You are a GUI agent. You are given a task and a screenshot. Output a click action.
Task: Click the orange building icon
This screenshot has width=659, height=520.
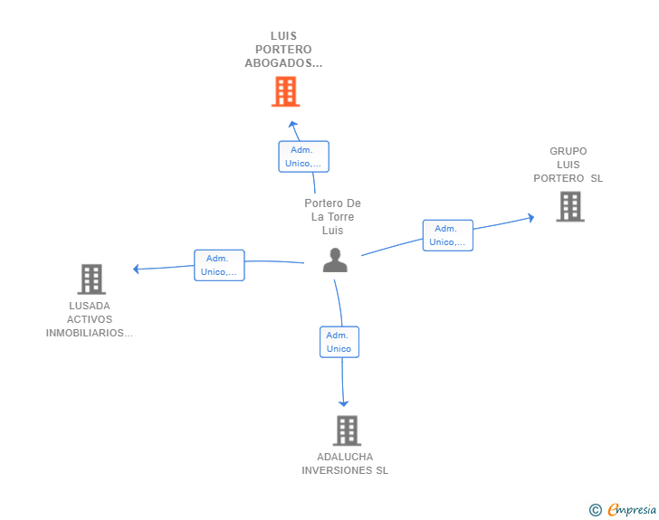pyautogui.click(x=285, y=91)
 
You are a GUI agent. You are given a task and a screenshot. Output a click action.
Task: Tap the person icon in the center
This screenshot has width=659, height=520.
pyautogui.click(x=335, y=260)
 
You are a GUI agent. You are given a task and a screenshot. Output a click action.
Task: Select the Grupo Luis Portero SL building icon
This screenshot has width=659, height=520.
pyautogui.click(x=569, y=206)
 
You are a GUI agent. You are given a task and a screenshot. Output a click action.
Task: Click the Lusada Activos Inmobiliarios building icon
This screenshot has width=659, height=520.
pyautogui.click(x=91, y=279)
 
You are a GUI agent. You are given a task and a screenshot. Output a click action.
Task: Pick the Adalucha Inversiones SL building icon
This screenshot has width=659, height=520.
pyautogui.click(x=347, y=430)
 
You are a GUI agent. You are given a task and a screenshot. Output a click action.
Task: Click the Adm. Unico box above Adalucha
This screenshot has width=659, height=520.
pyautogui.click(x=339, y=342)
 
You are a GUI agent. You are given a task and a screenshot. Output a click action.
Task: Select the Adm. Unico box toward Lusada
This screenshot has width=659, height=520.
pyautogui.click(x=219, y=265)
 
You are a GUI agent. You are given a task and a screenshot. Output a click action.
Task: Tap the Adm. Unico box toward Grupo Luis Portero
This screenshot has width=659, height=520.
pyautogui.click(x=447, y=235)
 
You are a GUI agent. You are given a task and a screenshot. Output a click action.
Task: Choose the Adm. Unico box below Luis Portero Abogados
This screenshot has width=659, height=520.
pyautogui.click(x=303, y=156)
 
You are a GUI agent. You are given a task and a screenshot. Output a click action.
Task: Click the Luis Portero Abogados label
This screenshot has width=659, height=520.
pyautogui.click(x=283, y=50)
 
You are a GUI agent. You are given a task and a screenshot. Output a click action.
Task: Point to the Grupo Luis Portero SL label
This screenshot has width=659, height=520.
pyautogui.click(x=568, y=165)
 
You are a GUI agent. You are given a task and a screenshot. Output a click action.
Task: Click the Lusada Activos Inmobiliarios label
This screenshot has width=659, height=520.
pyautogui.click(x=90, y=319)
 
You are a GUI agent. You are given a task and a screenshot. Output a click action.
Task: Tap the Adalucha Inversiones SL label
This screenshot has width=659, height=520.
pyautogui.click(x=345, y=464)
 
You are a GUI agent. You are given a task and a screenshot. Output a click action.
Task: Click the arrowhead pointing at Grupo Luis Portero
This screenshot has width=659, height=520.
pyautogui.click(x=530, y=217)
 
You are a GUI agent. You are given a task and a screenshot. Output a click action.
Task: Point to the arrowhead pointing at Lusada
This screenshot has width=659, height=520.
pyautogui.click(x=136, y=269)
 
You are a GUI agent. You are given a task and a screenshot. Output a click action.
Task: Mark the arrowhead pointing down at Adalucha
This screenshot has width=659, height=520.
pyautogui.click(x=344, y=403)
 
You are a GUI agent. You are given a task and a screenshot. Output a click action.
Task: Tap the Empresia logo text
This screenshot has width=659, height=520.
pyautogui.click(x=632, y=510)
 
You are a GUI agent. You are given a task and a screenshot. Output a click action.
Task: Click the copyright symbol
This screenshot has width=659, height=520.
pyautogui.click(x=595, y=510)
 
